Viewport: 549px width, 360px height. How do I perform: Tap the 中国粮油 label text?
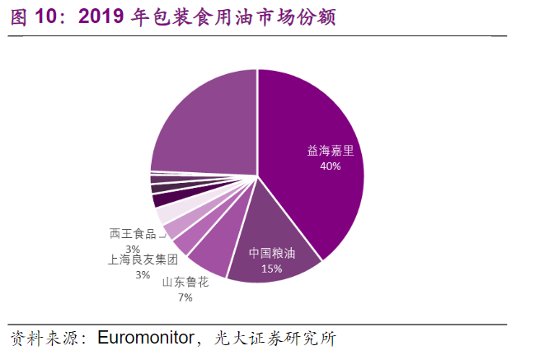pyautogui.click(x=271, y=254)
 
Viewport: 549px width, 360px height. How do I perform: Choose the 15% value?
pyautogui.click(x=271, y=269)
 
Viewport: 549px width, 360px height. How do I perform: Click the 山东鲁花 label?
pyautogui.click(x=185, y=282)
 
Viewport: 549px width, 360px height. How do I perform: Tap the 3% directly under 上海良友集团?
pyautogui.click(x=143, y=274)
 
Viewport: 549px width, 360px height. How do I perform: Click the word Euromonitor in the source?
pyautogui.click(x=145, y=338)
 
